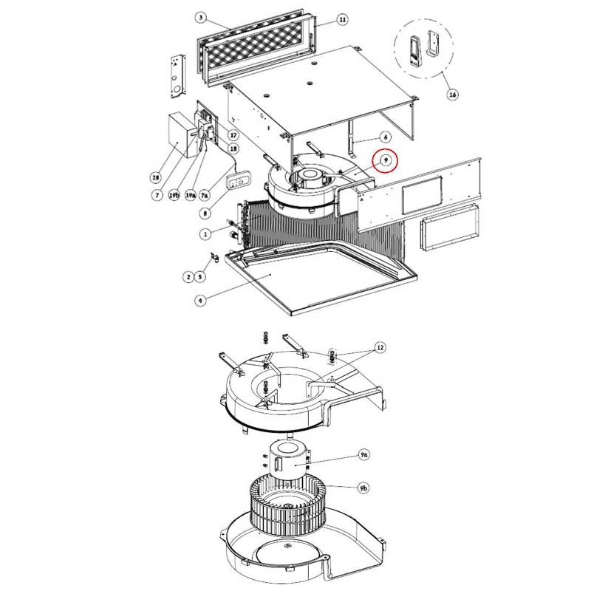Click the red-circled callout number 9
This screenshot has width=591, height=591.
(384, 160)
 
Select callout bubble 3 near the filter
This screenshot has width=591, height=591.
(199, 16)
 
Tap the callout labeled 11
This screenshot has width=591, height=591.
(342, 19)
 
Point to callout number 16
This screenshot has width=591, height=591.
(452, 95)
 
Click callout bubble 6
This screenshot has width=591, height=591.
(385, 137)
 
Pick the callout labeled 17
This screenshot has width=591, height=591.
(233, 135)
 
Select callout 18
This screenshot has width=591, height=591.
(233, 148)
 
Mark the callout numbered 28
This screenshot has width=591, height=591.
(155, 177)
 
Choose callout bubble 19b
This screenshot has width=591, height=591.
(174, 195)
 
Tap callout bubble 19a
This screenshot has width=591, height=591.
(191, 195)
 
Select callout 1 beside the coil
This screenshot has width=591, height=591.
(205, 233)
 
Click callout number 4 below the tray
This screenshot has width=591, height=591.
(200, 300)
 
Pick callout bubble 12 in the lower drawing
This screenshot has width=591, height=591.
(380, 348)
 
